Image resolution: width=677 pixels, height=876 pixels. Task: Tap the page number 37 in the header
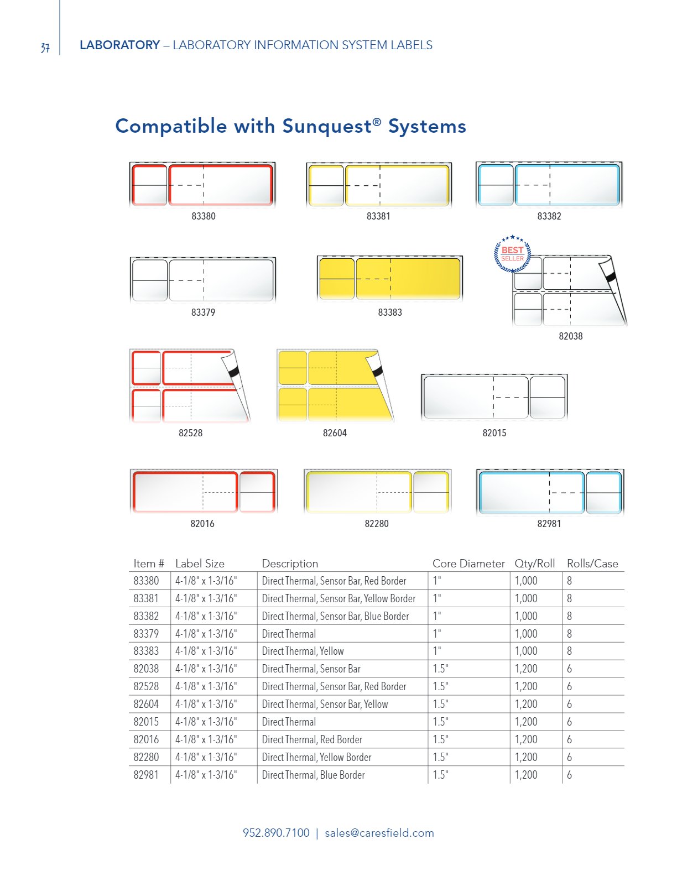(45, 48)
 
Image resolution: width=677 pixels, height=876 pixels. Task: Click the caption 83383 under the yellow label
(390, 312)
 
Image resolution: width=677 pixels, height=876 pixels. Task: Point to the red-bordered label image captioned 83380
(202, 185)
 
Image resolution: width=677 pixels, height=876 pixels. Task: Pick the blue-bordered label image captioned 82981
(550, 492)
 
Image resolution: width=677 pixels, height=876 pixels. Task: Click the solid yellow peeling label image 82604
(334, 385)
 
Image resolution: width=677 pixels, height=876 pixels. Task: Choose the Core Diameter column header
(468, 564)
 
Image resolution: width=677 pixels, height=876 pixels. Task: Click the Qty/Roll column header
(534, 564)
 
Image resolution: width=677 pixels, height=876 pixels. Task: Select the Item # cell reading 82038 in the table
(146, 669)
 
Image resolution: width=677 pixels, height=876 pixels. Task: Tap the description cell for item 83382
(335, 616)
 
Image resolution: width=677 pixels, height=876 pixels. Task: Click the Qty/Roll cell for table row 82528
(526, 686)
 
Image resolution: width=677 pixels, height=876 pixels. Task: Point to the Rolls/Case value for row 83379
(569, 634)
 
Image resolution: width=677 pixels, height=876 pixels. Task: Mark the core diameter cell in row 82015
(440, 722)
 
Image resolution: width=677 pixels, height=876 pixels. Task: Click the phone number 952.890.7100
(276, 833)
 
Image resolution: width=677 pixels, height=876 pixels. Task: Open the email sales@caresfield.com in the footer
(379, 833)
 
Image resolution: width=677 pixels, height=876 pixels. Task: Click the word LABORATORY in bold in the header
(119, 45)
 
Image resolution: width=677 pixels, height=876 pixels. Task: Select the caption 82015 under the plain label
(494, 433)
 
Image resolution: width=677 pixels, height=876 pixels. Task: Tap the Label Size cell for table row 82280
(206, 757)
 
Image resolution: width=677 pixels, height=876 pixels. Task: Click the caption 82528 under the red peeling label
(190, 433)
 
